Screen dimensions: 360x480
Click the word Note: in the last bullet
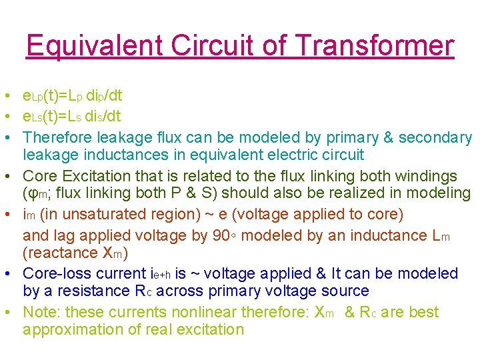(41, 312)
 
